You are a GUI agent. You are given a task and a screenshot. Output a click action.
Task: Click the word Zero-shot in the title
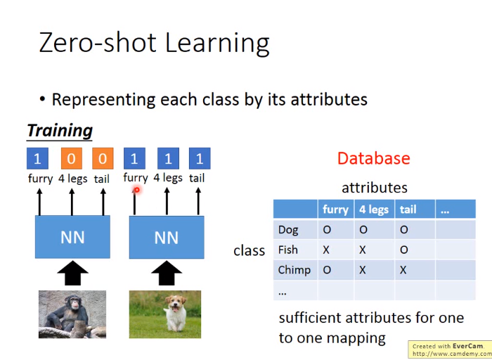coord(98,43)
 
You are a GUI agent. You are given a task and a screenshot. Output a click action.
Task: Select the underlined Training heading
coord(60,131)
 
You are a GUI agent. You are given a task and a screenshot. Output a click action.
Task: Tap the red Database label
coord(374,158)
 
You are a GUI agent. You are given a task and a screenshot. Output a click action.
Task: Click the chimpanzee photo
coord(72,314)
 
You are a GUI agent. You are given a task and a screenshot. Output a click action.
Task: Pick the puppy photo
coord(165,314)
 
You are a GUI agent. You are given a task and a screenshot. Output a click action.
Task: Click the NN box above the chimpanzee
coord(72,237)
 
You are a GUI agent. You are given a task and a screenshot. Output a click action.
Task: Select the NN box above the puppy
coord(167,237)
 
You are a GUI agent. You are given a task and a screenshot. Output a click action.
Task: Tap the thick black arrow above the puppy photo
coord(167,273)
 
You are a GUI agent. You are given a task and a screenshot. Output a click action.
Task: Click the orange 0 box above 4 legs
coord(72,158)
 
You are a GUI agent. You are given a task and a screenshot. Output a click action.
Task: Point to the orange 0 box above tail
coord(103,158)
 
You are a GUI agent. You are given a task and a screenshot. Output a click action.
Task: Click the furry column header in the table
coord(336,209)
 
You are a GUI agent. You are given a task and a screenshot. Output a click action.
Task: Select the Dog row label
coord(288,230)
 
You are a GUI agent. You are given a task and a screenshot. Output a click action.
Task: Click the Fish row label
coord(287,250)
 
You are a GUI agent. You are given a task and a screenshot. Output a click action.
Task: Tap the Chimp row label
coord(294,270)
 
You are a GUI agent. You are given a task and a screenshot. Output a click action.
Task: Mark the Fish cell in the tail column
coord(404,250)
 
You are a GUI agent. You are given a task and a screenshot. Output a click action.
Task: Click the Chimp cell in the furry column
coord(327,270)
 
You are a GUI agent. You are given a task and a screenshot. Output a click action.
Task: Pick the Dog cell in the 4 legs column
coord(363,230)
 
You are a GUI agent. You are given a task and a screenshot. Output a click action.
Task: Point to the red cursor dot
coord(137,190)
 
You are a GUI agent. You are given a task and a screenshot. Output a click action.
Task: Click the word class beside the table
coord(249,250)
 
